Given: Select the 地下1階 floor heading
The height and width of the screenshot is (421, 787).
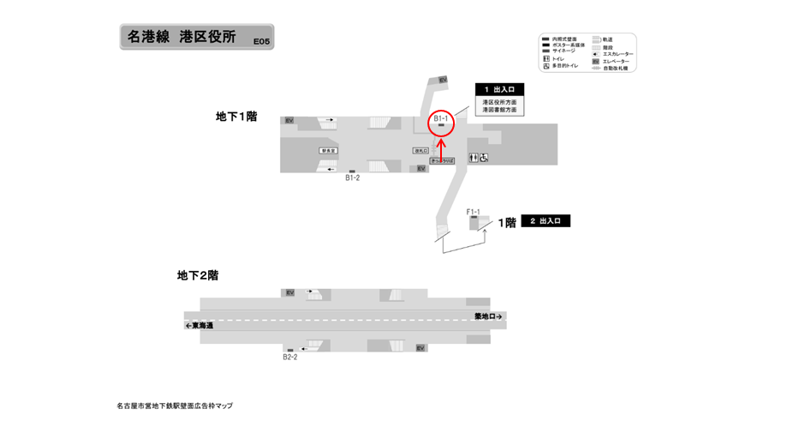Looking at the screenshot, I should point(236,116).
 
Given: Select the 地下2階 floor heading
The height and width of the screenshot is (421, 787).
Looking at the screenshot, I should point(198,275).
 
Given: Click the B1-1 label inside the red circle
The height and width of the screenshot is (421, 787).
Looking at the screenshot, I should point(441,117).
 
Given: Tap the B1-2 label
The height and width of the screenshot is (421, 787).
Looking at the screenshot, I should point(352,178).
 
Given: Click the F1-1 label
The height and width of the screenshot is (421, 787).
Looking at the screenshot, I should point(473,211).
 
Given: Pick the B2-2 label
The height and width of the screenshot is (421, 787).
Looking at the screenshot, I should point(290,357).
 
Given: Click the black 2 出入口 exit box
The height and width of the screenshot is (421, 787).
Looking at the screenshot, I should point(546,220).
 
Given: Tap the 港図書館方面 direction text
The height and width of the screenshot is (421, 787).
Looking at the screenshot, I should point(499,110).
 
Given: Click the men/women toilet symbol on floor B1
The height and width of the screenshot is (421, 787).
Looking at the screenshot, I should point(473,158).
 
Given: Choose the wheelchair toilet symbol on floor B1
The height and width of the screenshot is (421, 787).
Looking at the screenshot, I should point(484,158).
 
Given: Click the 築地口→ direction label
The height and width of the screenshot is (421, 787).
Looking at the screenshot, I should point(489,316).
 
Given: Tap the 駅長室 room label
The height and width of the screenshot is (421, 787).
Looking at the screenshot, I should point(326,150).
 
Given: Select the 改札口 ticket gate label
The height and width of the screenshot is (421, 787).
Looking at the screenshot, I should point(420,151).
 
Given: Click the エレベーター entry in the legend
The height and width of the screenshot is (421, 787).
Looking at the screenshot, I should point(616,61).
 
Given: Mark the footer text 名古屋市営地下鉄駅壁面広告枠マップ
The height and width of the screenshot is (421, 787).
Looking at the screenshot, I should point(174,406).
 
